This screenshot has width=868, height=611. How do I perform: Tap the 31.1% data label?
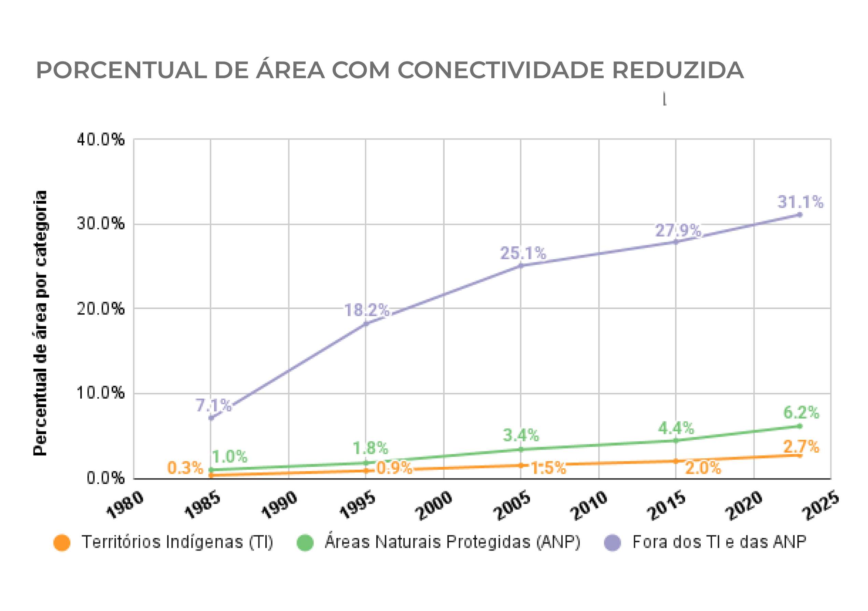coord(800,202)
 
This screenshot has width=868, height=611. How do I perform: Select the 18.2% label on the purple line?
coord(366,311)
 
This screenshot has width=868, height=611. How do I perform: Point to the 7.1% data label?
coord(213,406)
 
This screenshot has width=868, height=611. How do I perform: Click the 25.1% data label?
coord(523,254)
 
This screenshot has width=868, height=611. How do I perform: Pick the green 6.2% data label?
coord(801,413)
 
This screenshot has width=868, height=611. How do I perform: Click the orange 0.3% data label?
coord(185,468)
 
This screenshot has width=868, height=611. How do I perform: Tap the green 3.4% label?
coord(521,436)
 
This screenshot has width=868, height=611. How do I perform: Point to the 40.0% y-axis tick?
coord(100,140)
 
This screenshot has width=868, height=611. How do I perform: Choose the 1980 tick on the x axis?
coord(125,505)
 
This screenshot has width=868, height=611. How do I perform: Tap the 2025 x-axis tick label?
coord(821,506)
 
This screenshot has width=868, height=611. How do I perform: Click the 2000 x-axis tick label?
coord(434,506)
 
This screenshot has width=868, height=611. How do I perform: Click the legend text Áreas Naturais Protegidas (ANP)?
coord(452,542)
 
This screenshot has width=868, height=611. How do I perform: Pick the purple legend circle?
coord(613,543)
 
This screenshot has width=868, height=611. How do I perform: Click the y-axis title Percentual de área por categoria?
coord(40,323)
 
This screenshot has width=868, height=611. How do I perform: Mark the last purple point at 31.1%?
coord(800,215)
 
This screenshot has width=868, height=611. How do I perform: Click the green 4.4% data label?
coord(676,428)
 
